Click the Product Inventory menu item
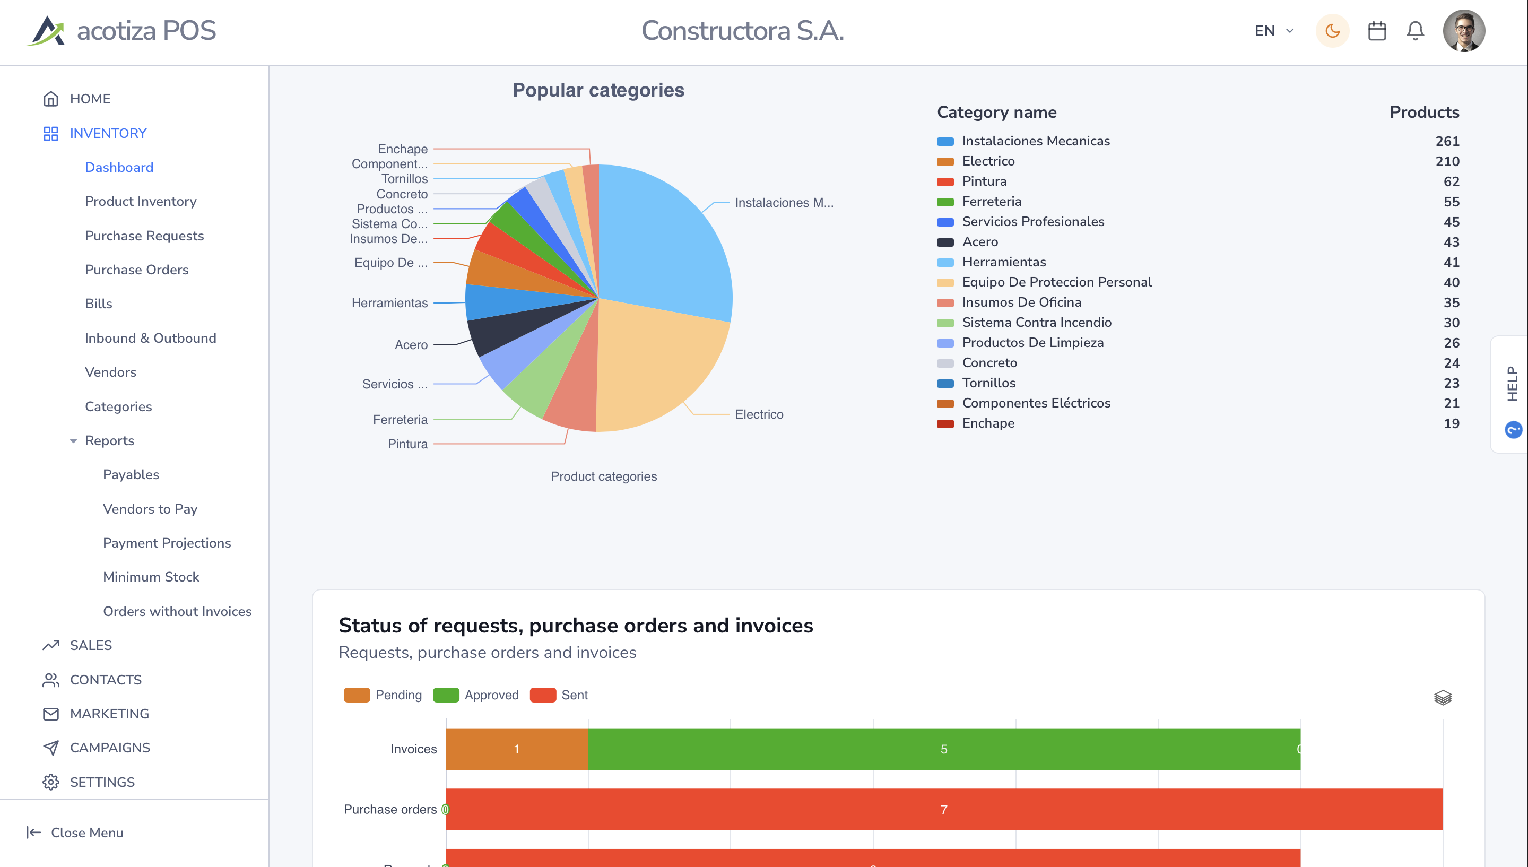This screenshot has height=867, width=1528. (x=141, y=201)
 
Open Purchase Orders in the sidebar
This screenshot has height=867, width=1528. (x=136, y=270)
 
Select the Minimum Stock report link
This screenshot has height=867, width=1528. (x=151, y=577)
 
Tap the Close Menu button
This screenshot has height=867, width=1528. (x=75, y=833)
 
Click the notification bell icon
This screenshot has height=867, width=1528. (x=1415, y=31)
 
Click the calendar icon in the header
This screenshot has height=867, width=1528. (x=1377, y=31)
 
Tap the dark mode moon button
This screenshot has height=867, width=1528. (x=1332, y=31)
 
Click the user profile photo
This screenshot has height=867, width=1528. (x=1464, y=31)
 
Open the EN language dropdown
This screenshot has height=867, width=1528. (x=1274, y=31)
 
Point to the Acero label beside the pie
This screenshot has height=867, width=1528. (x=411, y=345)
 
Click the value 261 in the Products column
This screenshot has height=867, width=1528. (x=1447, y=141)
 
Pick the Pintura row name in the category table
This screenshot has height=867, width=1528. (x=984, y=181)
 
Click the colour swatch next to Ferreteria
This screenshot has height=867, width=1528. (x=945, y=202)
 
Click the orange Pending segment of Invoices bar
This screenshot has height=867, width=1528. (x=517, y=749)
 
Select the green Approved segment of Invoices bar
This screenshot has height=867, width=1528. (x=944, y=749)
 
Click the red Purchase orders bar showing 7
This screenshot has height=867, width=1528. (x=944, y=809)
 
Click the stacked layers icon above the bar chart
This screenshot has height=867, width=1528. (x=1442, y=697)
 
